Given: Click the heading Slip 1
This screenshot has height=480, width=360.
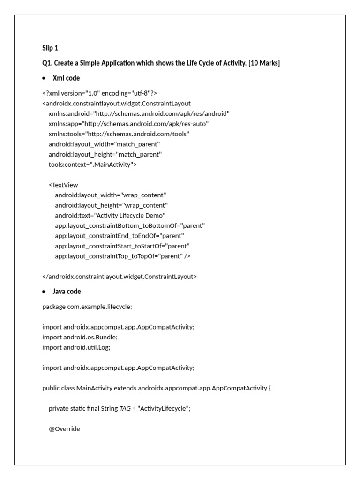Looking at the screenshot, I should [x=50, y=48].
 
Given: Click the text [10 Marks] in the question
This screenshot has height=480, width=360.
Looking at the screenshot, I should [x=264, y=63].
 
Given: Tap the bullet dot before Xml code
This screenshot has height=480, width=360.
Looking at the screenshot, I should [x=44, y=78].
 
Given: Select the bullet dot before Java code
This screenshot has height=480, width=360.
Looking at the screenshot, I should [x=44, y=292].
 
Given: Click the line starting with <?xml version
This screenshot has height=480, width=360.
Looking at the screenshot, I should [x=96, y=93].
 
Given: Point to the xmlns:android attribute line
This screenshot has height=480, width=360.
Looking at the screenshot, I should [x=139, y=113].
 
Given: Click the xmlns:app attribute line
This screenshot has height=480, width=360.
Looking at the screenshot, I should [x=128, y=124].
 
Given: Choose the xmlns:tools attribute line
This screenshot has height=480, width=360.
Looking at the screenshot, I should [x=119, y=134].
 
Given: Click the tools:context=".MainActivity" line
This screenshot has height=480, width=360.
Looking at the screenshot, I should [x=93, y=165].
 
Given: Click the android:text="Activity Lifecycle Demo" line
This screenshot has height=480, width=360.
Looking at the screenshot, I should [x=110, y=216].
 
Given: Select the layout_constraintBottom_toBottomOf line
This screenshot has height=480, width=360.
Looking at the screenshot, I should [x=129, y=225].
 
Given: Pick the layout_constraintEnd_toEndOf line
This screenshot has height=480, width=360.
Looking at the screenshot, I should [x=119, y=236].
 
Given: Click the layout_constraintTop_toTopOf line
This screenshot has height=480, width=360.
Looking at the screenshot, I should [x=122, y=256].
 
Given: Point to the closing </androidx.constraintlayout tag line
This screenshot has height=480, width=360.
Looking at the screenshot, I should [x=120, y=277].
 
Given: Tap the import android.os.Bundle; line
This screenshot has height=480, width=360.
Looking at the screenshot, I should [x=80, y=337].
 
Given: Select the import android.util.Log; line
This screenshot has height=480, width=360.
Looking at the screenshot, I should [x=76, y=347].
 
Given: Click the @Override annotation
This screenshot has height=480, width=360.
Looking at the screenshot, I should [x=64, y=428].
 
